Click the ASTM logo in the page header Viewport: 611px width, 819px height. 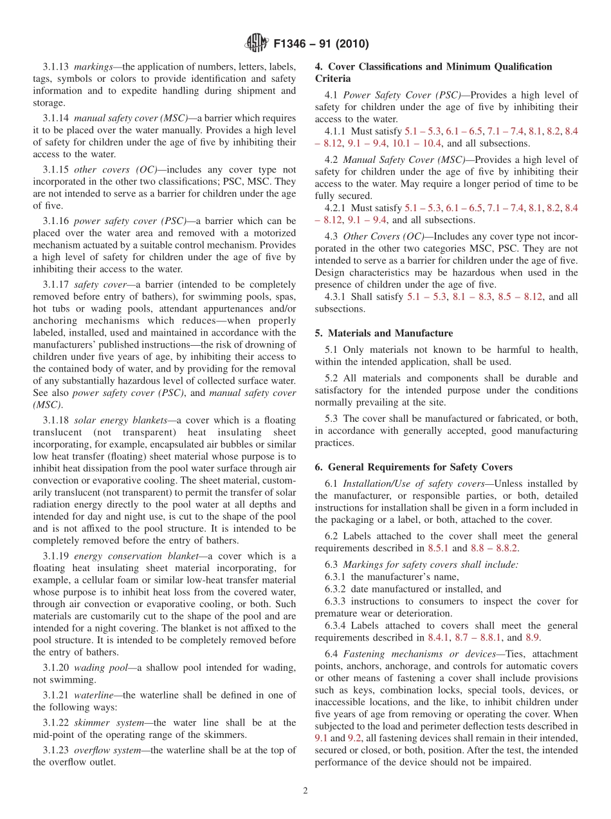(x=256, y=44)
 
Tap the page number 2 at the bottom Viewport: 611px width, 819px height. (x=305, y=791)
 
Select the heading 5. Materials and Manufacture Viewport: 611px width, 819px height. (x=383, y=333)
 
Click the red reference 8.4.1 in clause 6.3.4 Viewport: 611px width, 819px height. (x=439, y=637)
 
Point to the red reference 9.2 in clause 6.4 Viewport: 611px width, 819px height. (x=354, y=738)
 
